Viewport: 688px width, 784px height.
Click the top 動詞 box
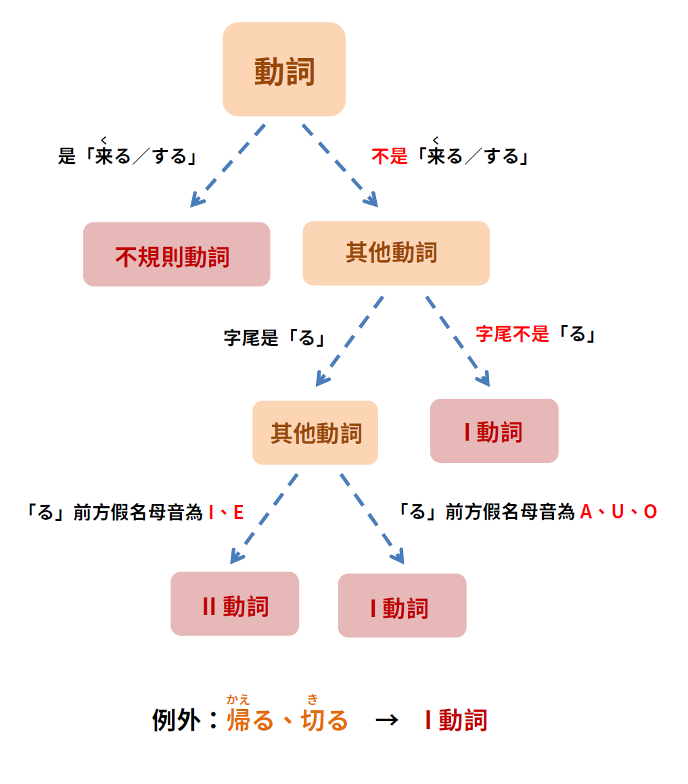284,70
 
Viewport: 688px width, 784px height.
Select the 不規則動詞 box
176,255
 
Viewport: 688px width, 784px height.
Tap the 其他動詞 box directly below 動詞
396,253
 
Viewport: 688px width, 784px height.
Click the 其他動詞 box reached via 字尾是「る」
315,433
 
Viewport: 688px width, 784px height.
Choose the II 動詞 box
235,604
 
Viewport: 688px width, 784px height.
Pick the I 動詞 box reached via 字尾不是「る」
494,431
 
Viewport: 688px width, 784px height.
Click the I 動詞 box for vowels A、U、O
402,606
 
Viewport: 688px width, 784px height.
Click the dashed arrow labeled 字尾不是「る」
457,341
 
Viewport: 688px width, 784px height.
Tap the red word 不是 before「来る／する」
390,157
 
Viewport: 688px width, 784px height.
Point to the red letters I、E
226,512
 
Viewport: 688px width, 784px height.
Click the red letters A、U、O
618,512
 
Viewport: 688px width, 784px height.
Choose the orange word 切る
324,720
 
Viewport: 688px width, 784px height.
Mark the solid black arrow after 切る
386,720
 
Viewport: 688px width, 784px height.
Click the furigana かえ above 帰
238,700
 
